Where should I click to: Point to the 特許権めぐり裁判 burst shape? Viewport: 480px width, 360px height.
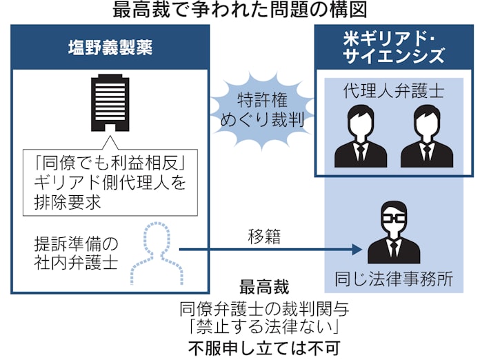tap(261, 108)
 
